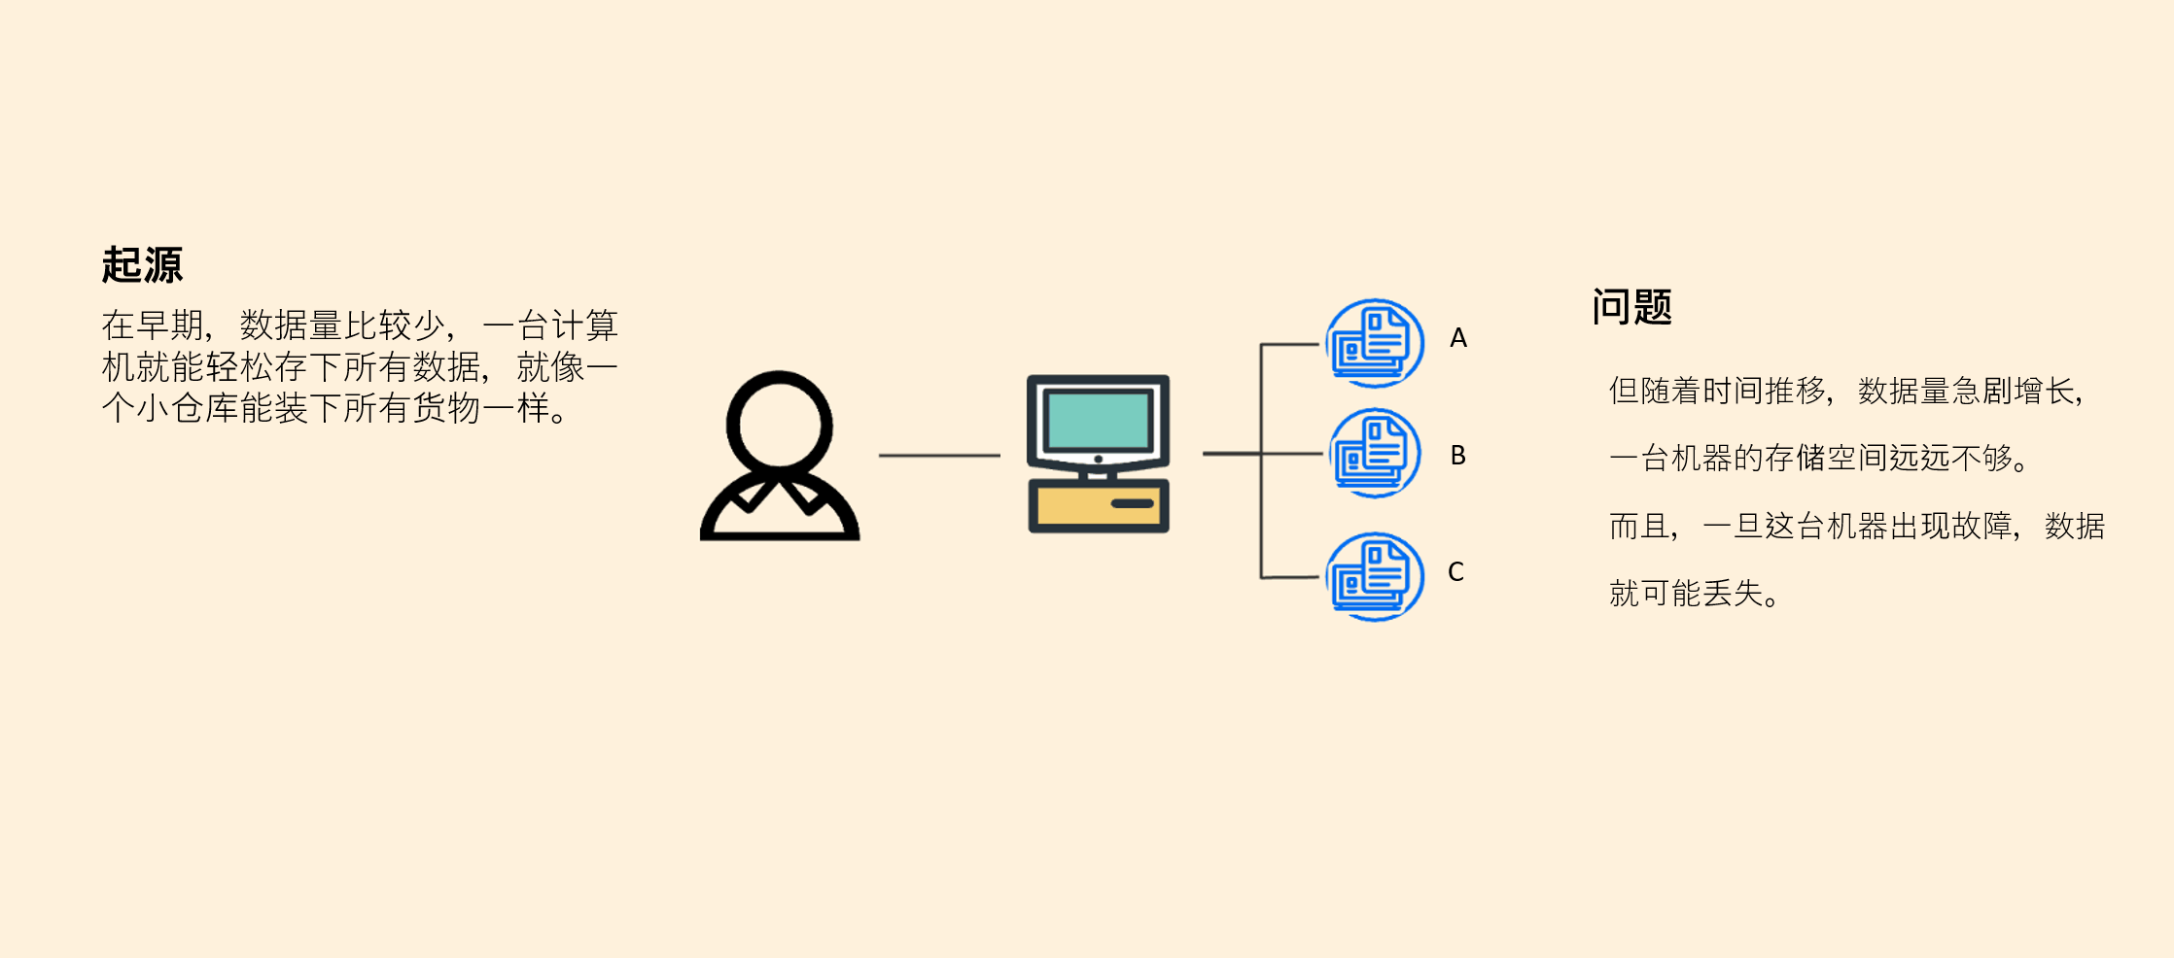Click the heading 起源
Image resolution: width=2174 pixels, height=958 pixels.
[x=142, y=264]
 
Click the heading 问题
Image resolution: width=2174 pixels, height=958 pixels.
[x=1631, y=307]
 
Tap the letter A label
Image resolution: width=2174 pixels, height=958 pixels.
[x=1458, y=338]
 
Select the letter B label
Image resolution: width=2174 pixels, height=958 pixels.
[x=1458, y=455]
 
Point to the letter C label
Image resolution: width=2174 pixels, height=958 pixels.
[x=1455, y=571]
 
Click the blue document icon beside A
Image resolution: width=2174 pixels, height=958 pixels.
[x=1375, y=343]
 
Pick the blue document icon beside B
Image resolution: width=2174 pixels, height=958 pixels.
[x=1375, y=453]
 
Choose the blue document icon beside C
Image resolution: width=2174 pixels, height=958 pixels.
[x=1375, y=577]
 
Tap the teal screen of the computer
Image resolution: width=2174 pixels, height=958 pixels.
[x=1099, y=419]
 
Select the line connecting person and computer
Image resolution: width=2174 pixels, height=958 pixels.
[x=939, y=455]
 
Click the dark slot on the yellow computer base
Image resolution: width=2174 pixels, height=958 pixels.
[x=1132, y=503]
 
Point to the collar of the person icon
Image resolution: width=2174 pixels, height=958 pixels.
[x=780, y=492]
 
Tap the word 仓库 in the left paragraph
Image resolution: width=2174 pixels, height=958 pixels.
[x=204, y=408]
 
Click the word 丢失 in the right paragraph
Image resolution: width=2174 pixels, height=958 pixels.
[x=1733, y=593]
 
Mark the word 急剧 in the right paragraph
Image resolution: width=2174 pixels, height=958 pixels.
[x=1981, y=391]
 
